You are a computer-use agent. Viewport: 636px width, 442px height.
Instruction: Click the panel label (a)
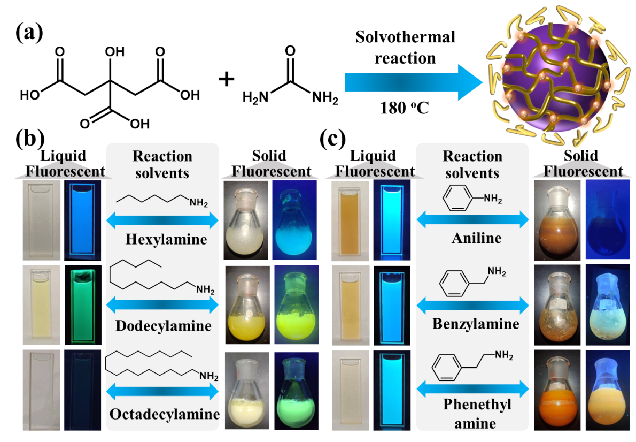coord(29,32)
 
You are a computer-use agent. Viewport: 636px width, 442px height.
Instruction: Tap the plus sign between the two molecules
coord(226,79)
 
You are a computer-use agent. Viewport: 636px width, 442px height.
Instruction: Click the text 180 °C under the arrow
coord(405,108)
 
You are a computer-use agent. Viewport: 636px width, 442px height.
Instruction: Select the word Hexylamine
coord(166,239)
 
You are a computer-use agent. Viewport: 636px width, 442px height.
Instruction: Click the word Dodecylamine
coord(164,326)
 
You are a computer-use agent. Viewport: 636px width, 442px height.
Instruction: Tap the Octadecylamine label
coord(165,414)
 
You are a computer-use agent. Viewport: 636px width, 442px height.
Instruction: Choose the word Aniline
coord(477,238)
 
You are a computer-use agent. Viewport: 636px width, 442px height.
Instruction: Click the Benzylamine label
coord(476,324)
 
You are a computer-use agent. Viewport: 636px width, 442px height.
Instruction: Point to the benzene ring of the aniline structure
coord(457,198)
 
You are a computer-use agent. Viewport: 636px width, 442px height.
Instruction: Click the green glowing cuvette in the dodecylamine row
coord(83,306)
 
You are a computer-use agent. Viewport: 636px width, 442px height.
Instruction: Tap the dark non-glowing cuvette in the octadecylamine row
coord(83,390)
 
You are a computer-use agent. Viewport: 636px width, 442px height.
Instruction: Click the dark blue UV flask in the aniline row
coord(608,220)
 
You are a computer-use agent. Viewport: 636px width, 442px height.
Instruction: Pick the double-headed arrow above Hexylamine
coord(162,220)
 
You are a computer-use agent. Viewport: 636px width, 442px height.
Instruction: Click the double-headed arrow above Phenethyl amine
coord(472,389)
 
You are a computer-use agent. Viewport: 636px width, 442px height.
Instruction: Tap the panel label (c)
coord(332,139)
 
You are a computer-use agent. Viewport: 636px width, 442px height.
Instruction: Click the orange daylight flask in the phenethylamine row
coord(557,391)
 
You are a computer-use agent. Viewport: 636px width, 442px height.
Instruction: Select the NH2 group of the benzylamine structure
coord(497,271)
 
